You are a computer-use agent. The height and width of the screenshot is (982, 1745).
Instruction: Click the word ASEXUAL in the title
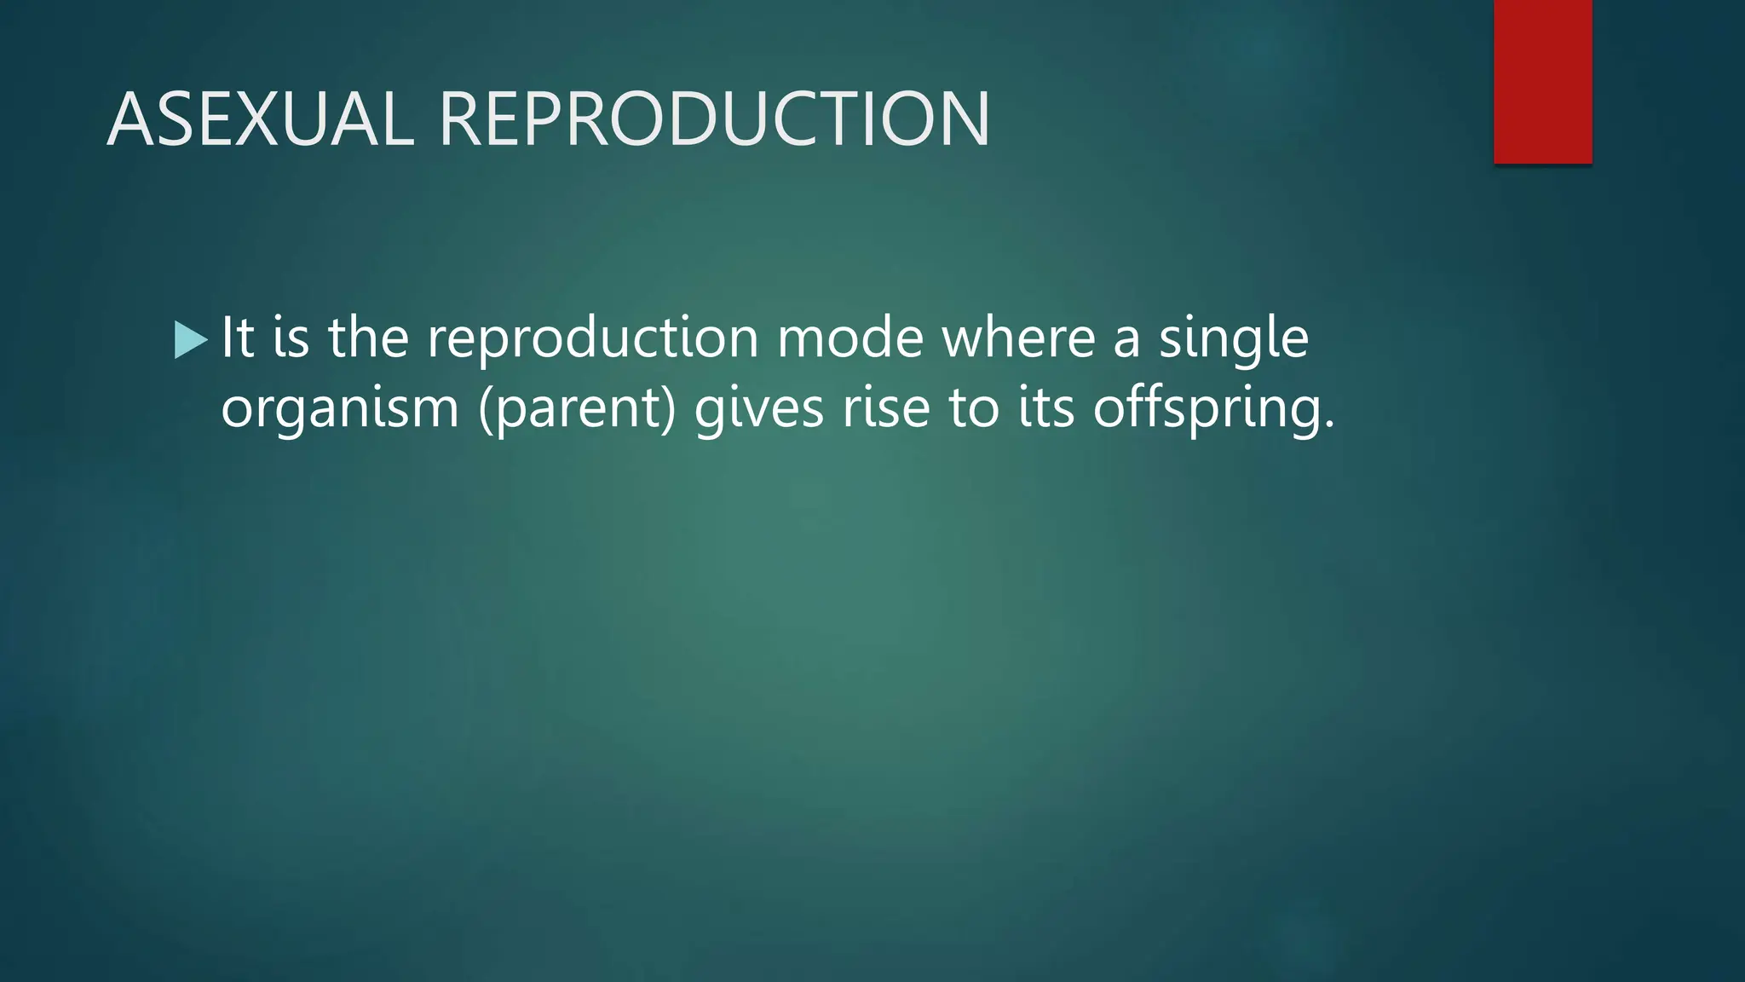click(261, 119)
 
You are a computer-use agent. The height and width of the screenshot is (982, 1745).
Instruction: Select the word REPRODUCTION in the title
click(714, 119)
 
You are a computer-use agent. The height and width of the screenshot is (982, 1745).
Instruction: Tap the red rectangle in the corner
click(1542, 82)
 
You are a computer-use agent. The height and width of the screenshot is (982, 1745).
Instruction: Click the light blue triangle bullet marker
click(190, 340)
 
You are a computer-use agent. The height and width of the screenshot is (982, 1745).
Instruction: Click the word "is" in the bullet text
click(291, 338)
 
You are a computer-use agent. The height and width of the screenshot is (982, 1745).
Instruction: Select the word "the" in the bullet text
click(368, 338)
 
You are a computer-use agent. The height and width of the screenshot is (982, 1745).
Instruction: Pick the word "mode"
click(849, 338)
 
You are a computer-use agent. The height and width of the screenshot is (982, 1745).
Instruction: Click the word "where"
click(1017, 338)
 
